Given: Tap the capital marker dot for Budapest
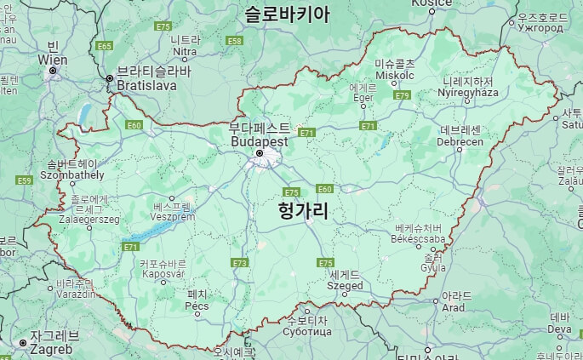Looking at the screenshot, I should [x=260, y=153].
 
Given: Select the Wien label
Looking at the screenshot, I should [x=53, y=60].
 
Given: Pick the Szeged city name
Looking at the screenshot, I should [x=345, y=286].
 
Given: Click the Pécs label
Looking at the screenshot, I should [x=197, y=305].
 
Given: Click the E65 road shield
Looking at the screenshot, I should [x=105, y=46].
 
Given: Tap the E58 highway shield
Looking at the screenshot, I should [x=235, y=40].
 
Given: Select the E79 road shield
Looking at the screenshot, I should [x=403, y=95].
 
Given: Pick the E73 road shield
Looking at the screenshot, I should [x=241, y=263].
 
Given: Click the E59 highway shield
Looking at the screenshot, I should [x=24, y=180].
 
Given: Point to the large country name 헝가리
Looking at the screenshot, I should [x=304, y=212].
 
